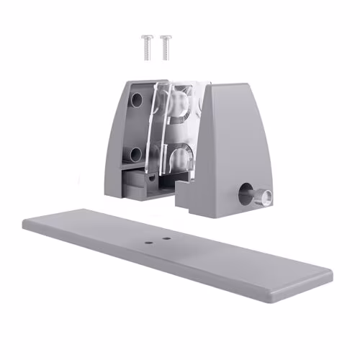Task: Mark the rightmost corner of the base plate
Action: point(330,276)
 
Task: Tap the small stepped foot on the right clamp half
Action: point(184,193)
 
